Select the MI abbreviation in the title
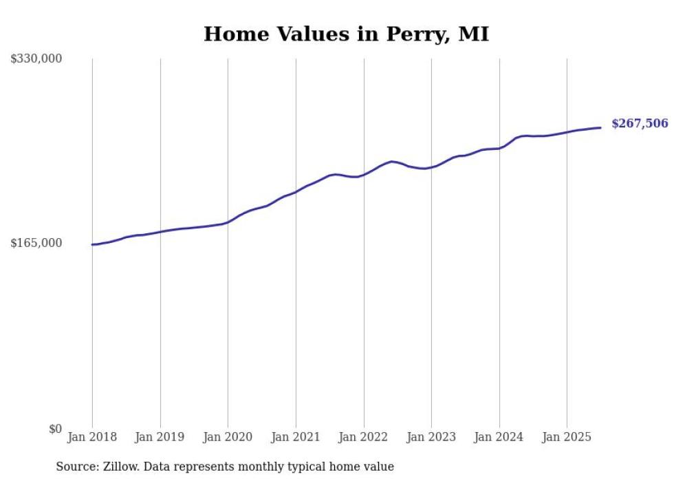click(x=473, y=34)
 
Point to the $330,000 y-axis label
click(x=36, y=59)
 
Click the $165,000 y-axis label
click(x=36, y=244)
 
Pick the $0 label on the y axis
click(x=55, y=429)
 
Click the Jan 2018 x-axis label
click(x=92, y=437)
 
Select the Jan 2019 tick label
click(x=160, y=437)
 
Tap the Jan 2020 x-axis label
click(x=228, y=437)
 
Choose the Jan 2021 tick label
click(x=296, y=437)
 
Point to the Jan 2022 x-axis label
click(x=363, y=437)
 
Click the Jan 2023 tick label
click(x=431, y=437)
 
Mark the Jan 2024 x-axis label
click(x=499, y=437)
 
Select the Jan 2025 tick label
click(x=567, y=437)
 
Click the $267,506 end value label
click(x=640, y=124)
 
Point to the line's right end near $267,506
click(x=600, y=127)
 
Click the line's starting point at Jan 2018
click(x=92, y=244)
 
